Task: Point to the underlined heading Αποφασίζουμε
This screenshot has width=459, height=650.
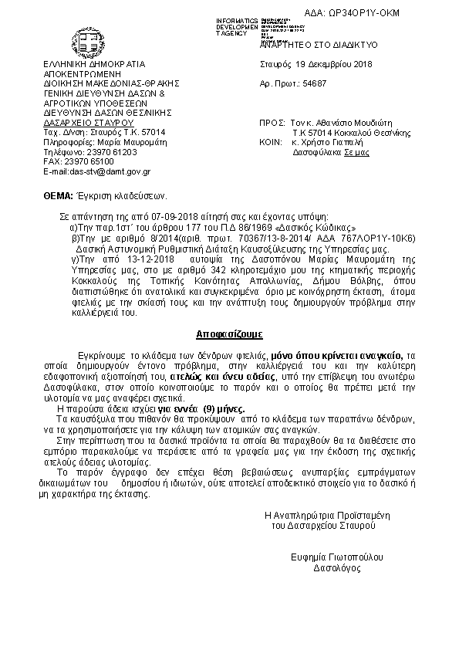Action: point(228,335)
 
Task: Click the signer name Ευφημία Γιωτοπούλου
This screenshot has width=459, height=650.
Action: point(336,557)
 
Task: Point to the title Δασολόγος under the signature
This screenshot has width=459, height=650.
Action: point(336,567)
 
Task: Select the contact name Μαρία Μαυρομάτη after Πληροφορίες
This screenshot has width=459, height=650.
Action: point(124,142)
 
